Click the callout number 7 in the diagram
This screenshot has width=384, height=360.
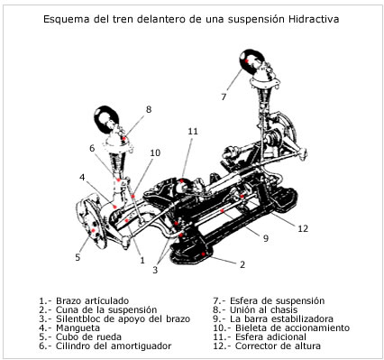[224, 96]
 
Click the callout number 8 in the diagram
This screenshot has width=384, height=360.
[149, 109]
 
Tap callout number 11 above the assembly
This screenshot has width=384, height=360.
[193, 132]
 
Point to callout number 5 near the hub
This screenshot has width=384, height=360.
[77, 257]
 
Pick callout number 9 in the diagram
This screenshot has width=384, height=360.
[265, 239]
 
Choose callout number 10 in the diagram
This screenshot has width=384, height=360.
[154, 153]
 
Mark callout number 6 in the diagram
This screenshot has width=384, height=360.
[92, 149]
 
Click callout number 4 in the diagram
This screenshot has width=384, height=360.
[82, 177]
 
